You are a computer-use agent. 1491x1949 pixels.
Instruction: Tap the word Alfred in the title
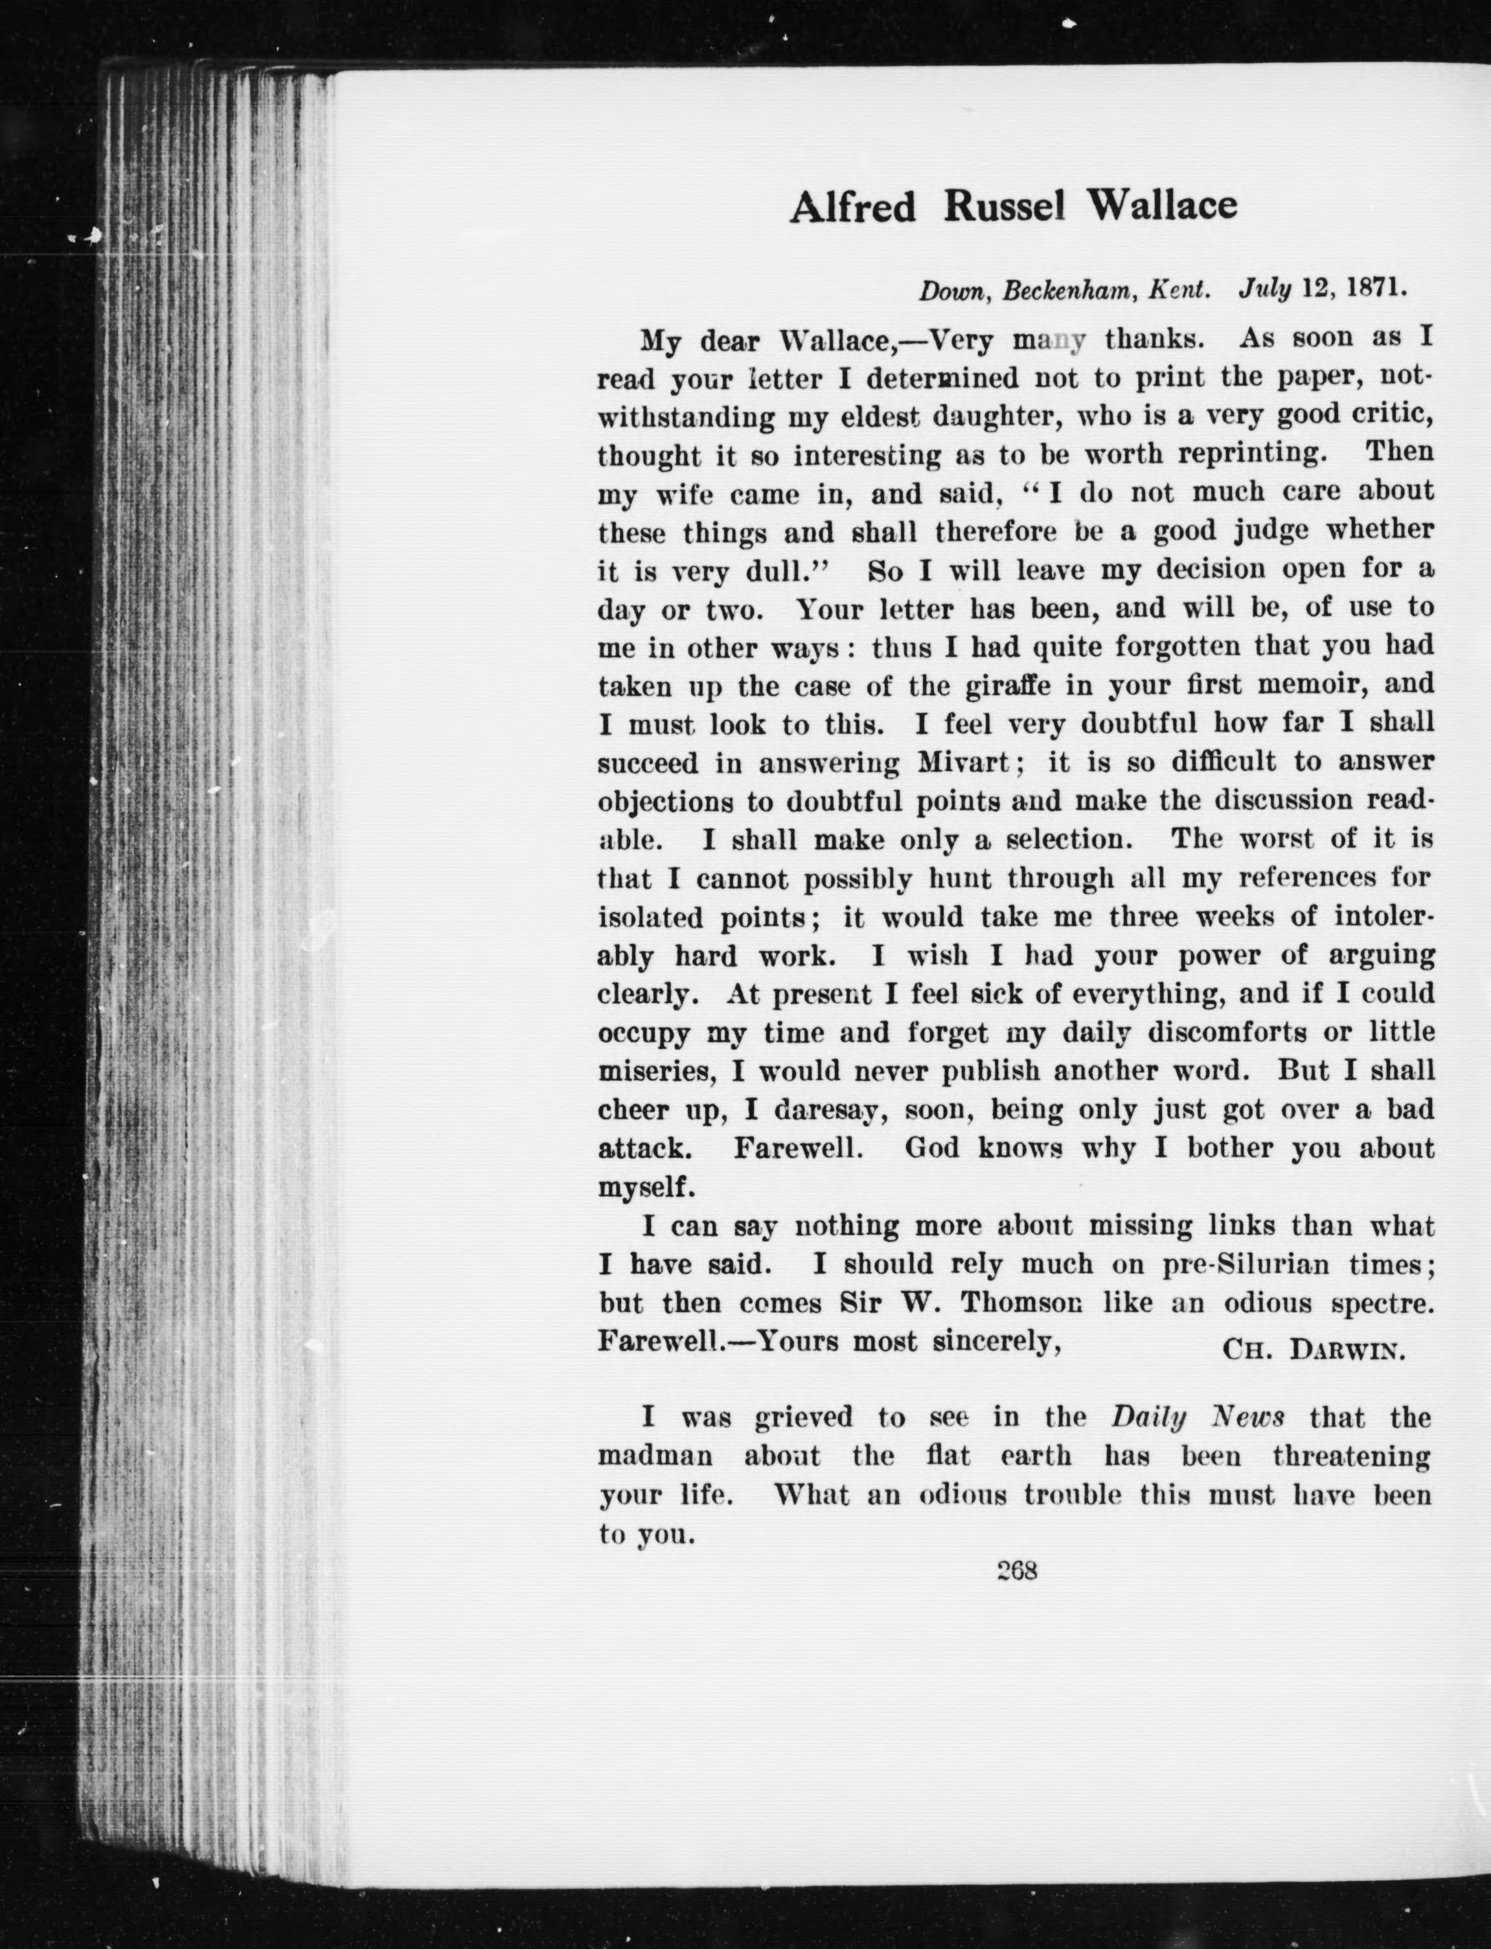click(x=852, y=208)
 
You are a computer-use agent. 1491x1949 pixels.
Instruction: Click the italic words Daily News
click(x=1197, y=1417)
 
